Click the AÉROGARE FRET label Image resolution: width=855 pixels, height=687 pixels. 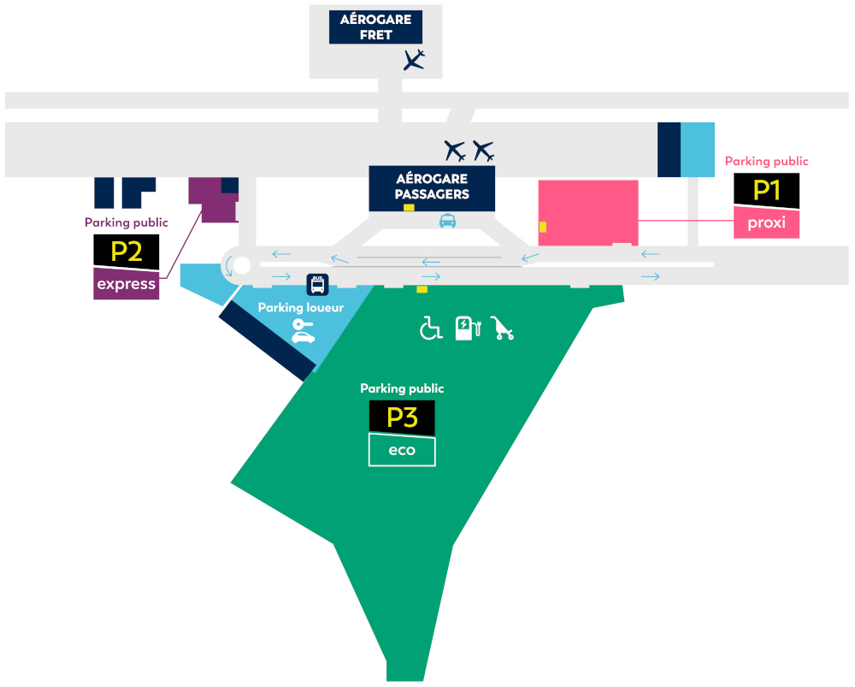(x=375, y=27)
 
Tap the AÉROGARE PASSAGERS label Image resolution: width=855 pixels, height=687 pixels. (x=432, y=186)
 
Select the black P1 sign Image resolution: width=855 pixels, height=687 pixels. (x=766, y=191)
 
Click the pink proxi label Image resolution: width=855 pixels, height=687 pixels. (x=766, y=222)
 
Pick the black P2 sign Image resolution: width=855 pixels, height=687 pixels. (x=126, y=252)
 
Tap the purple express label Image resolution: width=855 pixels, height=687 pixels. (x=126, y=284)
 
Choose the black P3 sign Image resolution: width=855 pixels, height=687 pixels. (x=402, y=418)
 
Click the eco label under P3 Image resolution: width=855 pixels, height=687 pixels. (x=402, y=450)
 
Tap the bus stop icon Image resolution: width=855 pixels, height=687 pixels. (x=317, y=285)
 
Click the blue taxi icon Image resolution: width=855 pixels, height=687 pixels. (x=448, y=221)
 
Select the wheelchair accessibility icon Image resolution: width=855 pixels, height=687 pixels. (x=431, y=328)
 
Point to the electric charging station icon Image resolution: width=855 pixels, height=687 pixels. (x=468, y=328)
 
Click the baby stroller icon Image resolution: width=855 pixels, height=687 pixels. (x=502, y=328)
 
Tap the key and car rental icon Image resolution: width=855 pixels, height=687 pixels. (x=304, y=331)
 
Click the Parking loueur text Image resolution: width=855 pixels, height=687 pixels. (x=300, y=308)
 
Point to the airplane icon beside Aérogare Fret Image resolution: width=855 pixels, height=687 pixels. (x=414, y=60)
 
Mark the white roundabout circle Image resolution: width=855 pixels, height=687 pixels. (x=242, y=266)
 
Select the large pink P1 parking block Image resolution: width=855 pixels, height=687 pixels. (x=588, y=213)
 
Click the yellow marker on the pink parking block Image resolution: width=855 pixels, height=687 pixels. (x=543, y=227)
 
